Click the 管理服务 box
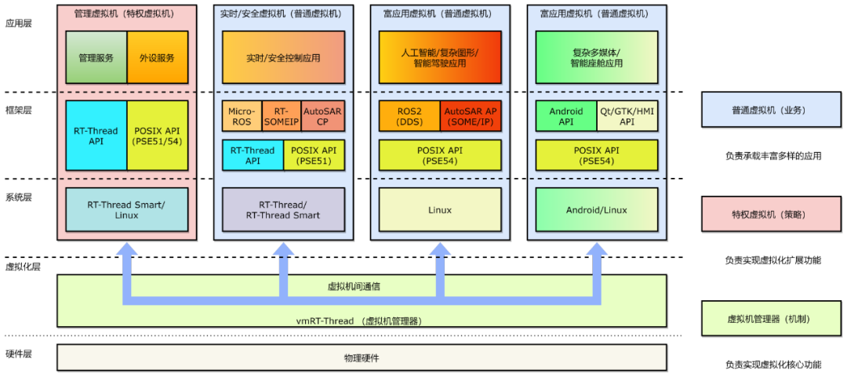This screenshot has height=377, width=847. pyautogui.click(x=96, y=57)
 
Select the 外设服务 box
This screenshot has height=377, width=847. pyautogui.click(x=157, y=57)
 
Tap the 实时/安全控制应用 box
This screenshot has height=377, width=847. pyautogui.click(x=283, y=57)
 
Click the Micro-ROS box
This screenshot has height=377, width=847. pyautogui.click(x=242, y=117)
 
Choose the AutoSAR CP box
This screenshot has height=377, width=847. pyautogui.click(x=322, y=117)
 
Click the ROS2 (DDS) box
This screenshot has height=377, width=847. pyautogui.click(x=409, y=117)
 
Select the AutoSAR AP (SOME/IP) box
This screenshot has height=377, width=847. pyautogui.click(x=471, y=117)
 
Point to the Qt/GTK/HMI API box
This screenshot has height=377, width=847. pyautogui.click(x=627, y=117)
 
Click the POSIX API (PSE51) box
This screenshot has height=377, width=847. pyautogui.click(x=314, y=155)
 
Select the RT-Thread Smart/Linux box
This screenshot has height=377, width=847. pyautogui.click(x=126, y=209)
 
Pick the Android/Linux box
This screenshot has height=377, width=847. pyautogui.click(x=597, y=209)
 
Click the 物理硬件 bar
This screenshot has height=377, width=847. pyautogui.click(x=362, y=357)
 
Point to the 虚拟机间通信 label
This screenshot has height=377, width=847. pyautogui.click(x=354, y=286)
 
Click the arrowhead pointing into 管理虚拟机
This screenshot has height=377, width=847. pyautogui.click(x=126, y=250)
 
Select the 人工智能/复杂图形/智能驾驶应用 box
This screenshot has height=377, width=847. pyautogui.click(x=440, y=57)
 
